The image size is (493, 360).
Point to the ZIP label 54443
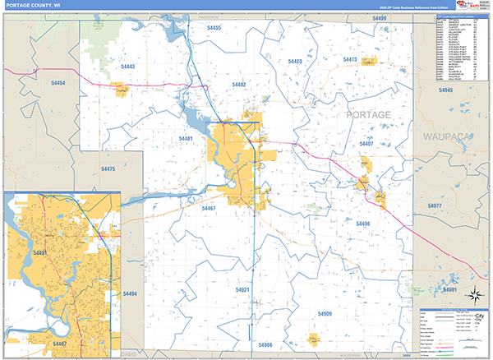point(127,67)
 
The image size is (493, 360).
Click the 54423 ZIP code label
point(295,62)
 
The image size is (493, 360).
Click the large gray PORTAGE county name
point(369,114)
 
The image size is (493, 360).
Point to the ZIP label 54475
point(108,168)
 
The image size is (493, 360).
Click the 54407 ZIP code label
point(366,144)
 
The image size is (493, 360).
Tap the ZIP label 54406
point(363,224)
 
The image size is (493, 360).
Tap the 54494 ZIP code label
point(130,293)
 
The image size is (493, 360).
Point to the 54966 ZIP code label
point(265,344)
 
